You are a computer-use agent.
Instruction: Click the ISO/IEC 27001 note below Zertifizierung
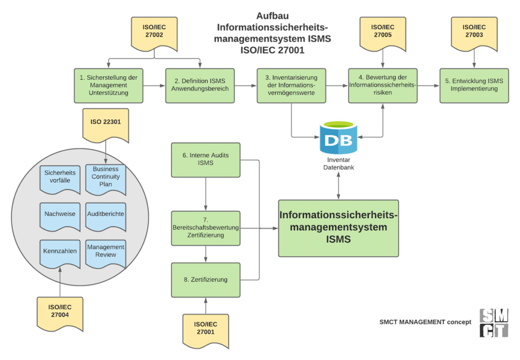tap(206, 329)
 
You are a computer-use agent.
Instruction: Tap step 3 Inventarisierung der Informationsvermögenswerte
tap(291, 85)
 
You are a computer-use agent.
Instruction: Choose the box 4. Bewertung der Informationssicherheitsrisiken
tap(383, 85)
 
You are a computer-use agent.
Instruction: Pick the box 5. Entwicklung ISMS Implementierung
tap(474, 85)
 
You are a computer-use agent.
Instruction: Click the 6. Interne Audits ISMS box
tap(206, 159)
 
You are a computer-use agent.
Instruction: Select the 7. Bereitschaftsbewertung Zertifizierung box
tap(206, 228)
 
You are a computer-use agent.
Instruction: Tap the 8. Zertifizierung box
tap(206, 280)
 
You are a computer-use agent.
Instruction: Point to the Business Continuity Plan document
tap(106, 179)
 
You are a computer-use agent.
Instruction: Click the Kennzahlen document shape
tap(60, 253)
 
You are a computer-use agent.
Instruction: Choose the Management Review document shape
tap(106, 252)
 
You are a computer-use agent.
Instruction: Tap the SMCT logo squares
tap(493, 322)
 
